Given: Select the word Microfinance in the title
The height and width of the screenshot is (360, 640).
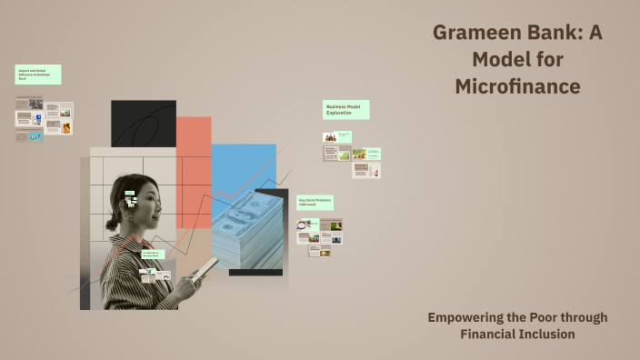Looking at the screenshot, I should click(x=518, y=87).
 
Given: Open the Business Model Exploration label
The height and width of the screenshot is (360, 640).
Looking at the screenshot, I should click(x=345, y=109).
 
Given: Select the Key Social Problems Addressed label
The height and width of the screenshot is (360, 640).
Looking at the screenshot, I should click(x=315, y=203).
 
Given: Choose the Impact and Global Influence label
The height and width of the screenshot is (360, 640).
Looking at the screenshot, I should click(x=37, y=74).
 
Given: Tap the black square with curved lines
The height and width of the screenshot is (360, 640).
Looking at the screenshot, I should click(x=143, y=124).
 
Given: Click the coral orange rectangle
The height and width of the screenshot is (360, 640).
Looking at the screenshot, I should click(x=194, y=164).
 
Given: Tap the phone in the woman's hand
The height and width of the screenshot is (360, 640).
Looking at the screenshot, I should click(x=205, y=270).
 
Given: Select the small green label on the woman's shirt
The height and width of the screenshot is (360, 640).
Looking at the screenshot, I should click(x=151, y=256).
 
